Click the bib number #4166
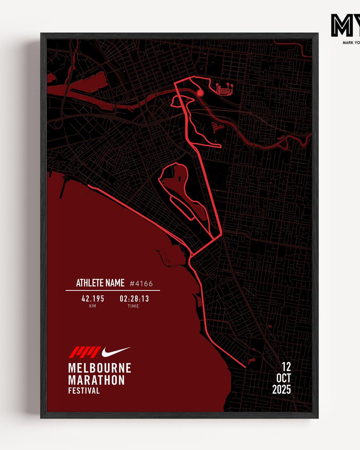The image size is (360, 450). (141, 284)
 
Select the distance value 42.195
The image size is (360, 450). (93, 299)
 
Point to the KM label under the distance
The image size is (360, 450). (92, 306)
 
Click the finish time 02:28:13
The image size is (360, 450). (134, 299)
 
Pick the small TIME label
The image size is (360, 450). (133, 306)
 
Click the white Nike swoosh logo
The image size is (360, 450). (116, 351)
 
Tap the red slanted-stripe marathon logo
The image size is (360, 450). (85, 351)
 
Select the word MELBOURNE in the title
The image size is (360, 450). (99, 368)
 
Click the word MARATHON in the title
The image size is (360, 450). (96, 380)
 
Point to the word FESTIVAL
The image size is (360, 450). (84, 391)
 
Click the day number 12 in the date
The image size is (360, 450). (286, 367)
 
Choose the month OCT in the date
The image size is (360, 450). (284, 378)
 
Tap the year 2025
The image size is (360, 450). (282, 390)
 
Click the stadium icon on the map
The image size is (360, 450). (225, 90)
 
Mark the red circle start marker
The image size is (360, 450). (200, 93)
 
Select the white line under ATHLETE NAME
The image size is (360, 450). (113, 290)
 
